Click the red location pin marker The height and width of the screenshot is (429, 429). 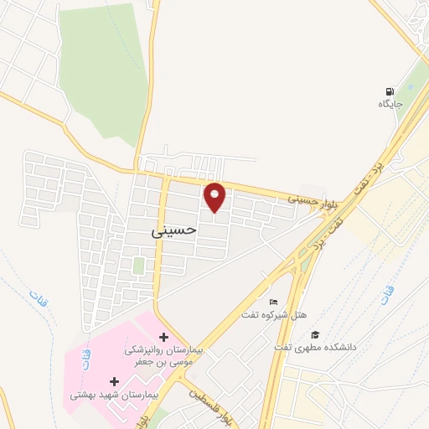pyautogui.click(x=215, y=197)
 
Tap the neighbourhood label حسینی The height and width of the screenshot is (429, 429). pyautogui.click(x=174, y=227)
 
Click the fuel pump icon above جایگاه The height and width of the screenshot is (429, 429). pyautogui.click(x=390, y=92)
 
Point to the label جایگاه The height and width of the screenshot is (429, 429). pyautogui.click(x=391, y=105)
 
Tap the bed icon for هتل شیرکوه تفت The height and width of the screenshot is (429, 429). pyautogui.click(x=273, y=302)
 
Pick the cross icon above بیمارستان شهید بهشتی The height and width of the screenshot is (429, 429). pyautogui.click(x=114, y=381)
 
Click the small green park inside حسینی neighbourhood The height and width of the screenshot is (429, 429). pyautogui.click(x=138, y=266)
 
